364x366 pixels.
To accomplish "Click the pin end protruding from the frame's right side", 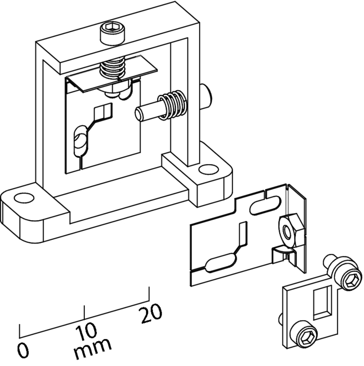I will tap(206, 94).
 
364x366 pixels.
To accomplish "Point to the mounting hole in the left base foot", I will tap(23, 198).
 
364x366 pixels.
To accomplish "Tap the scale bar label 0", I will tap(23, 350).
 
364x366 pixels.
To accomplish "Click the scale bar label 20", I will tap(151, 313).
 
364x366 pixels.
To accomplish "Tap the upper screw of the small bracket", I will tap(343, 272).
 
